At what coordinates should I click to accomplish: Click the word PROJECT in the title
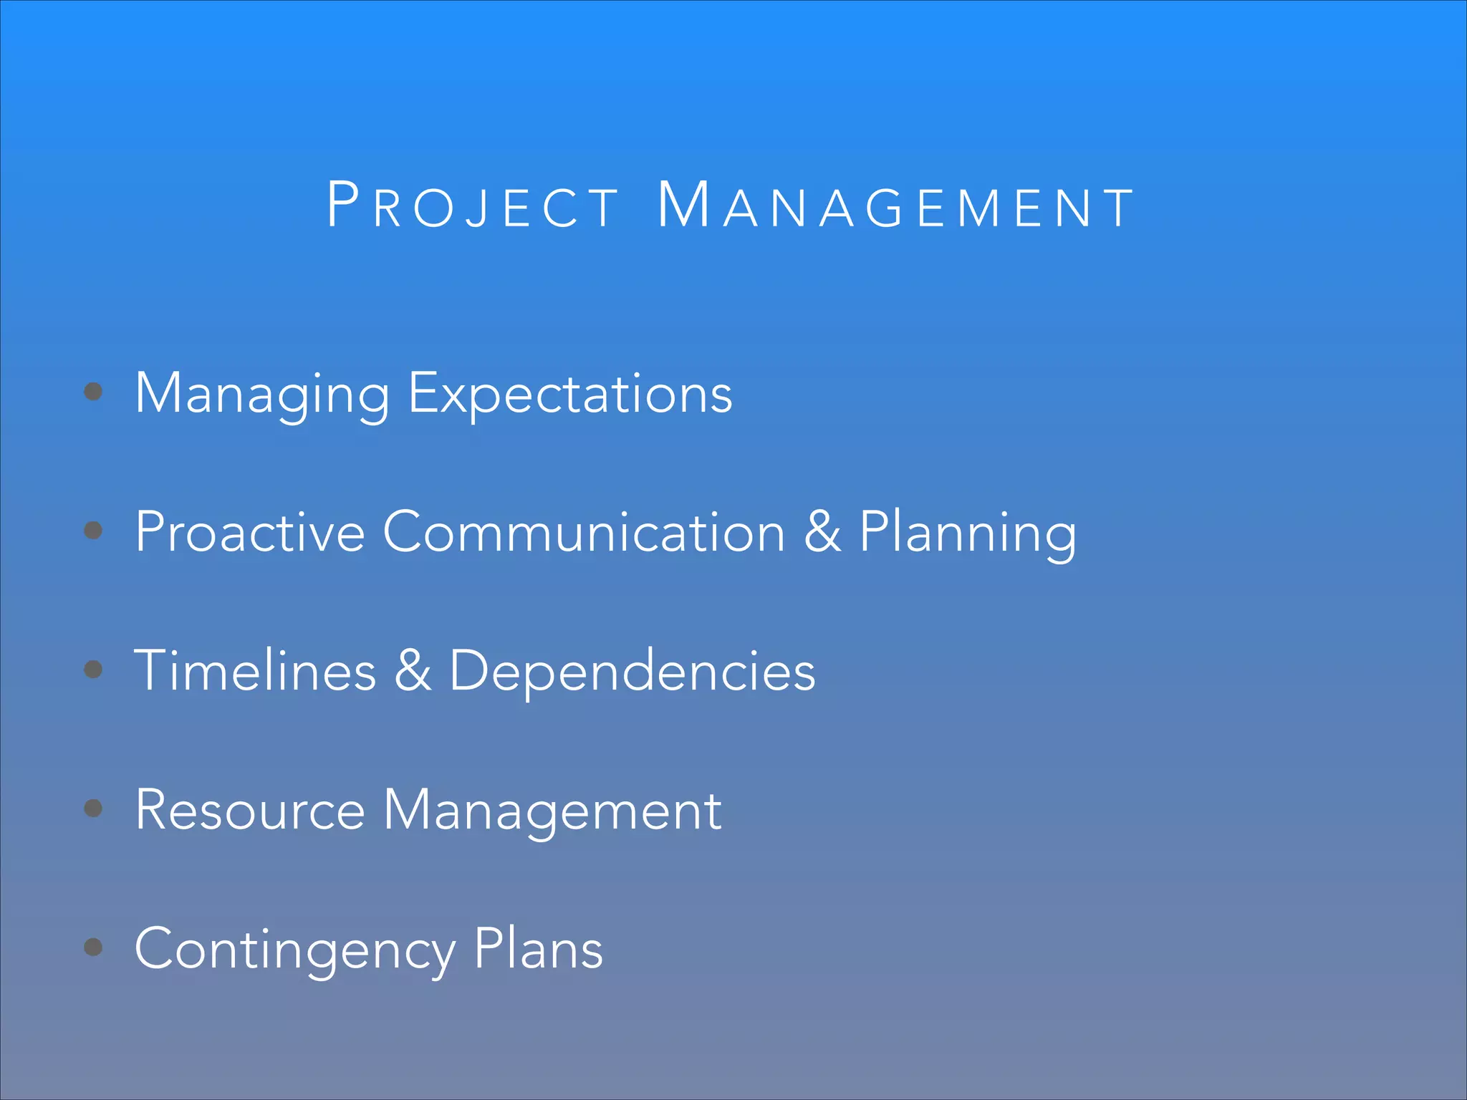click(473, 206)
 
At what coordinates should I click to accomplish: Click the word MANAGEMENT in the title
click(895, 206)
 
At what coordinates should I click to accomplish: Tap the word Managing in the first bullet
click(262, 394)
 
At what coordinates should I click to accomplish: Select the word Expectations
click(570, 394)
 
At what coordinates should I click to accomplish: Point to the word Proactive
click(250, 532)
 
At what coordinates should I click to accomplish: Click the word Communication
click(584, 532)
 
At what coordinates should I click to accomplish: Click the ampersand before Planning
click(822, 532)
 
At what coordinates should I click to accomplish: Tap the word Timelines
click(255, 671)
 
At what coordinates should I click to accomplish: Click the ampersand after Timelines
click(413, 671)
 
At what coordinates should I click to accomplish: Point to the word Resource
click(250, 810)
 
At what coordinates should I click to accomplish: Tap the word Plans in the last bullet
click(538, 949)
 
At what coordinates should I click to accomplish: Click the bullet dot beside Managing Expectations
click(93, 391)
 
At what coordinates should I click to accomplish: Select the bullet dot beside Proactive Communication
click(93, 530)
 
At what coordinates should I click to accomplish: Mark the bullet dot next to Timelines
click(93, 669)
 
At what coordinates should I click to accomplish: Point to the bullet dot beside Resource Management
click(93, 808)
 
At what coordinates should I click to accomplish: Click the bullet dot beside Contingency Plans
click(93, 947)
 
